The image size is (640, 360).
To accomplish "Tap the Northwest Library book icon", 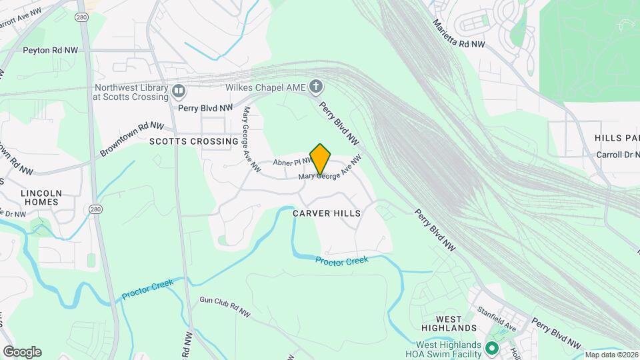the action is tap(178, 91).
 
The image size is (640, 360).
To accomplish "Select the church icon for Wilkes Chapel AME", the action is tap(316, 86).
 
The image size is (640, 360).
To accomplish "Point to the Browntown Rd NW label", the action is tap(132, 139).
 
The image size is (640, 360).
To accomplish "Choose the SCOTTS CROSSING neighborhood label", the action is tap(193, 141).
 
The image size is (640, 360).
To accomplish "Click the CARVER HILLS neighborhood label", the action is tap(327, 213).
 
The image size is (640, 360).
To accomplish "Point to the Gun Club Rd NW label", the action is tap(225, 307).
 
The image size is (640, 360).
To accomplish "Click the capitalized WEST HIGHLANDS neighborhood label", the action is tap(449, 323).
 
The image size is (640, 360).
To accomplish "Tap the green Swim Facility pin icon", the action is tap(492, 348).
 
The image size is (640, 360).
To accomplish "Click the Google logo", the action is tap(22, 351).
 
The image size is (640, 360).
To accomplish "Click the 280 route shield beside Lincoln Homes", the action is tap(95, 209).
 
